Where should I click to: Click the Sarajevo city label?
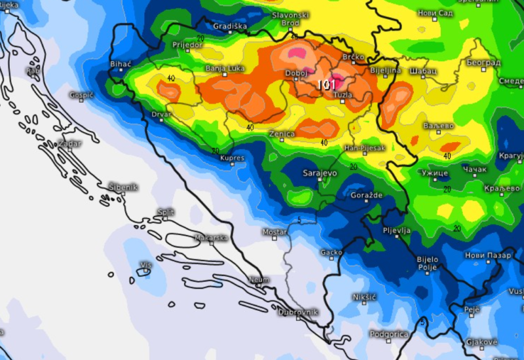tap(320, 173)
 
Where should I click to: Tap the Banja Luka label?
tap(224, 67)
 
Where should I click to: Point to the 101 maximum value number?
tap(326, 84)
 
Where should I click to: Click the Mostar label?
tap(274, 232)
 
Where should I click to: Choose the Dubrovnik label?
tap(298, 312)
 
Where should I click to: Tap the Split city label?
tap(166, 212)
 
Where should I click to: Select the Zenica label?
tap(282, 134)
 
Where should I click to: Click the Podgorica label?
tap(388, 334)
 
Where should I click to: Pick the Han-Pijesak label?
tap(365, 149)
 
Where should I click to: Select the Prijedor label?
tap(187, 45)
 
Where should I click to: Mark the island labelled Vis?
tap(145, 265)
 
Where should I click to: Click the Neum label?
tap(259, 280)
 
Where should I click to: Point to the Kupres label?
tap(232, 158)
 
